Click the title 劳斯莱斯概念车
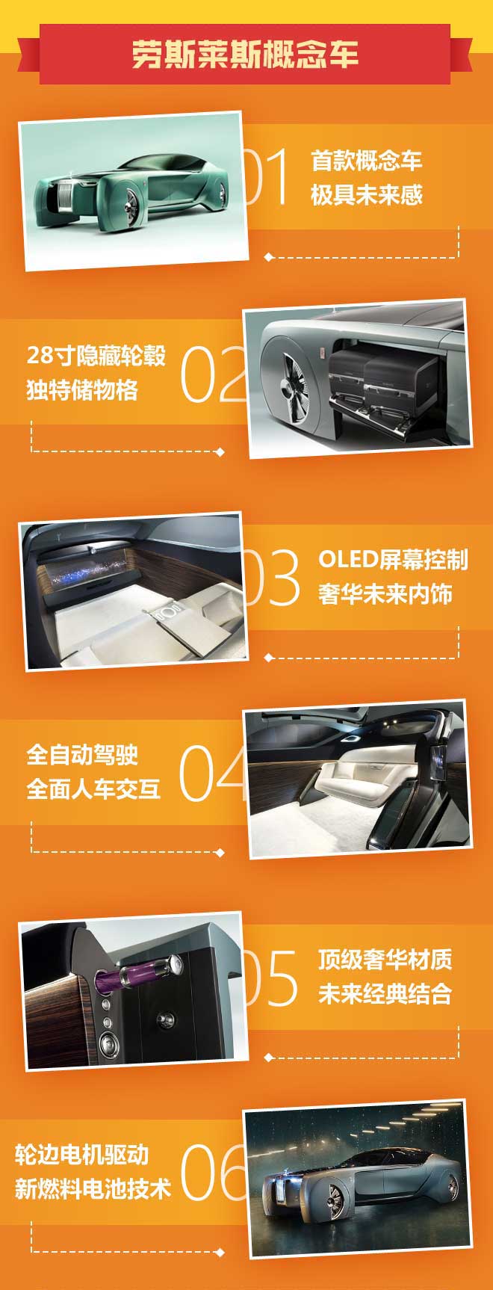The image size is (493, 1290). click(246, 55)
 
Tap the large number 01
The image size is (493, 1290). click(267, 177)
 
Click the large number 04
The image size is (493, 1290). click(212, 773)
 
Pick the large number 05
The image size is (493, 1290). click(270, 978)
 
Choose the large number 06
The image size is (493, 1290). click(213, 1172)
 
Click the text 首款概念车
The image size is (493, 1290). click(366, 161)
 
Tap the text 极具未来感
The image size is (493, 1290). click(366, 195)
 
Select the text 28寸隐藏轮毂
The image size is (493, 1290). click(96, 355)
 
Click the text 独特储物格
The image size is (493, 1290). click(82, 389)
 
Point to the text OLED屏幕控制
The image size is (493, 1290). click(393, 560)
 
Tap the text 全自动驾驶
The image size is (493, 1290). click(82, 755)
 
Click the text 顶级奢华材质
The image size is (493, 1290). click(385, 959)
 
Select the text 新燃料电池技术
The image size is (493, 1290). click(93, 1189)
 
